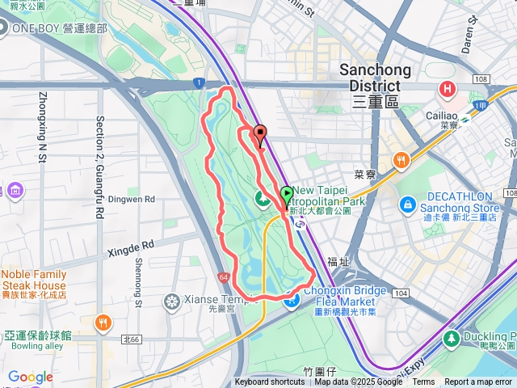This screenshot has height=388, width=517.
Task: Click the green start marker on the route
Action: [x=287, y=196]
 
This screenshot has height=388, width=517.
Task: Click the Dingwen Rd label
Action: [x=132, y=198]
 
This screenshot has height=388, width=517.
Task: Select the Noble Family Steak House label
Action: [x=33, y=280]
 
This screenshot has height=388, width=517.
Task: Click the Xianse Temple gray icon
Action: [x=172, y=303]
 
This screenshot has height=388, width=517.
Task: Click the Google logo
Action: [x=30, y=377]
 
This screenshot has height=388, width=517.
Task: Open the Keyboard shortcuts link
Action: [x=270, y=382]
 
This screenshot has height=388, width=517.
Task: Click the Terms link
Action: [x=423, y=382]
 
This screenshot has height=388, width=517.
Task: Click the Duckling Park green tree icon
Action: [x=452, y=337]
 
